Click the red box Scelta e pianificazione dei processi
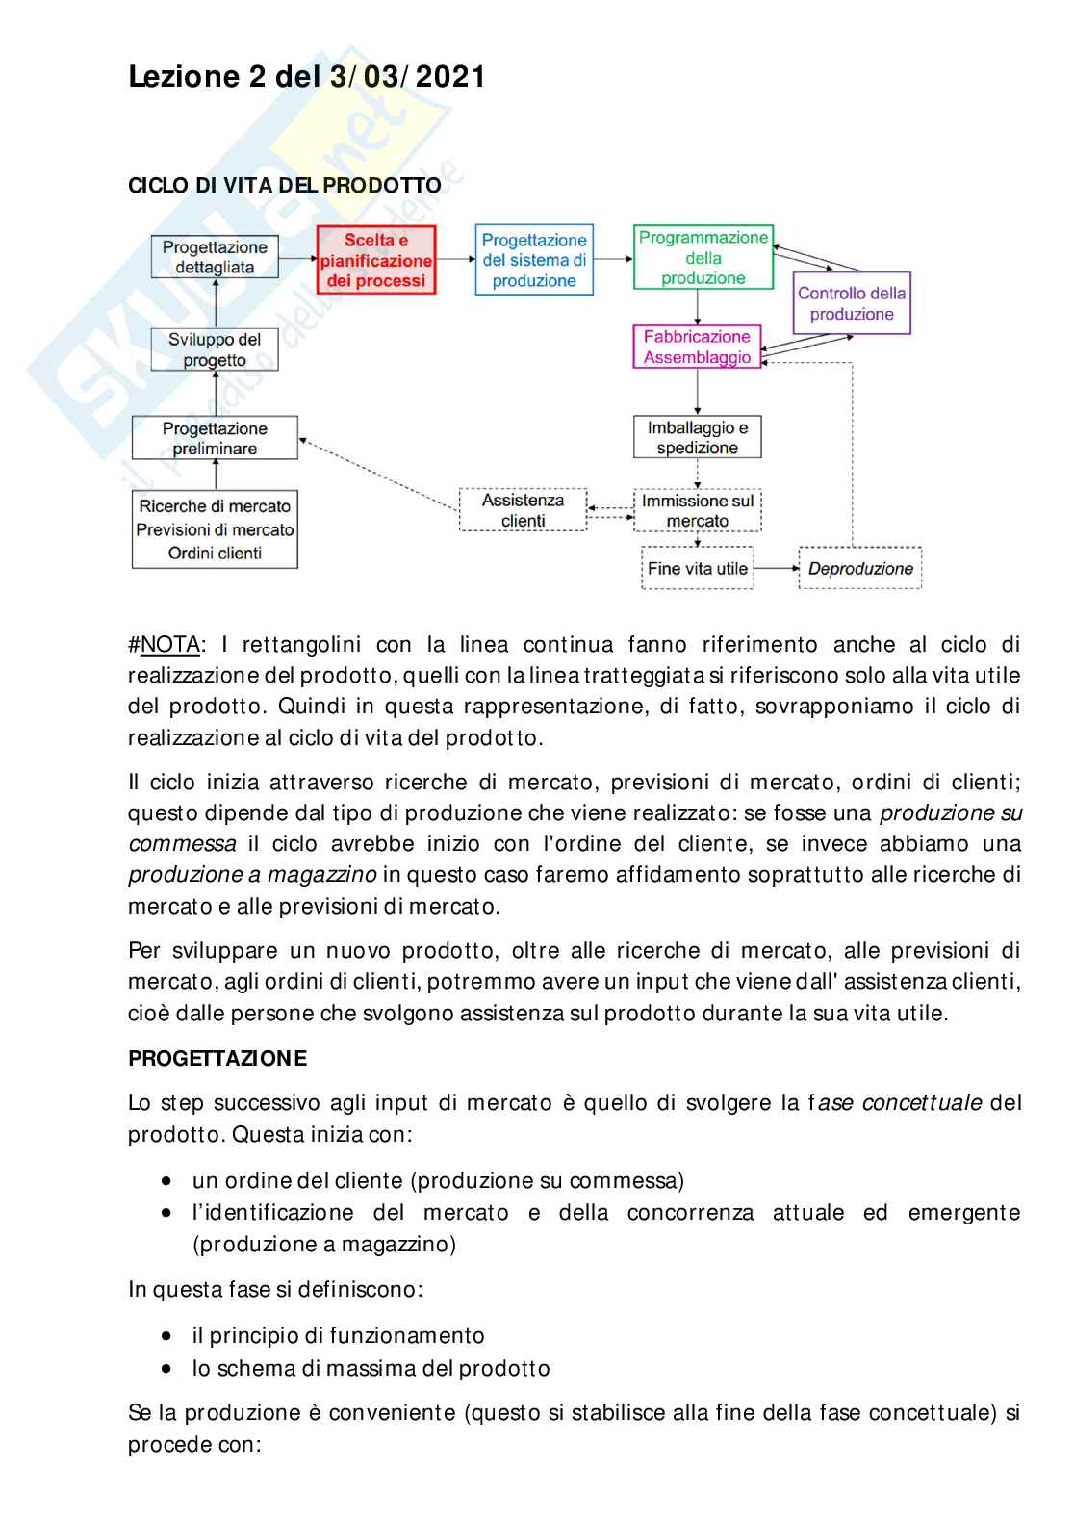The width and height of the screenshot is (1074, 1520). (375, 260)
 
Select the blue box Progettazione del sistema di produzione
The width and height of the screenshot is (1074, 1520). (534, 260)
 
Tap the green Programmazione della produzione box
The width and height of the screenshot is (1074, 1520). (703, 258)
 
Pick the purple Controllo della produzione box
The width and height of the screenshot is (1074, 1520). (852, 303)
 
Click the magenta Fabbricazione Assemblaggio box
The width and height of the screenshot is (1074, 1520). (697, 347)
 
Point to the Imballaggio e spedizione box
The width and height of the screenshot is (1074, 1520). (698, 438)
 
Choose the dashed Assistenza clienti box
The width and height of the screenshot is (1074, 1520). (524, 510)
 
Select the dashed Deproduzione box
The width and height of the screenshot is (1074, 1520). (860, 568)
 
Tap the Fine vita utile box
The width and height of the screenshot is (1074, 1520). (698, 568)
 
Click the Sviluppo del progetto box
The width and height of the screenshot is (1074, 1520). (215, 349)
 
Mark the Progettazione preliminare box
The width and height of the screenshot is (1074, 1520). (215, 438)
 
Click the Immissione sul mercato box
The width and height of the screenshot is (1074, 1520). (698, 511)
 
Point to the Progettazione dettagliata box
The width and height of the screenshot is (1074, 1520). (215, 257)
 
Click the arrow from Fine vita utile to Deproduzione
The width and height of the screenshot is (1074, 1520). (776, 568)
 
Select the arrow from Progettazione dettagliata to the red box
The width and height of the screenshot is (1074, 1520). (298, 258)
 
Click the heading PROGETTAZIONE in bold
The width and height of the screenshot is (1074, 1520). (217, 1059)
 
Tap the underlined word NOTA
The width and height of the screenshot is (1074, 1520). (170, 644)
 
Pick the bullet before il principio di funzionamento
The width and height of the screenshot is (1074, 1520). (168, 1336)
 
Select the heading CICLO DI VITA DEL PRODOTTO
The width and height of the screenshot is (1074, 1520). (285, 186)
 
